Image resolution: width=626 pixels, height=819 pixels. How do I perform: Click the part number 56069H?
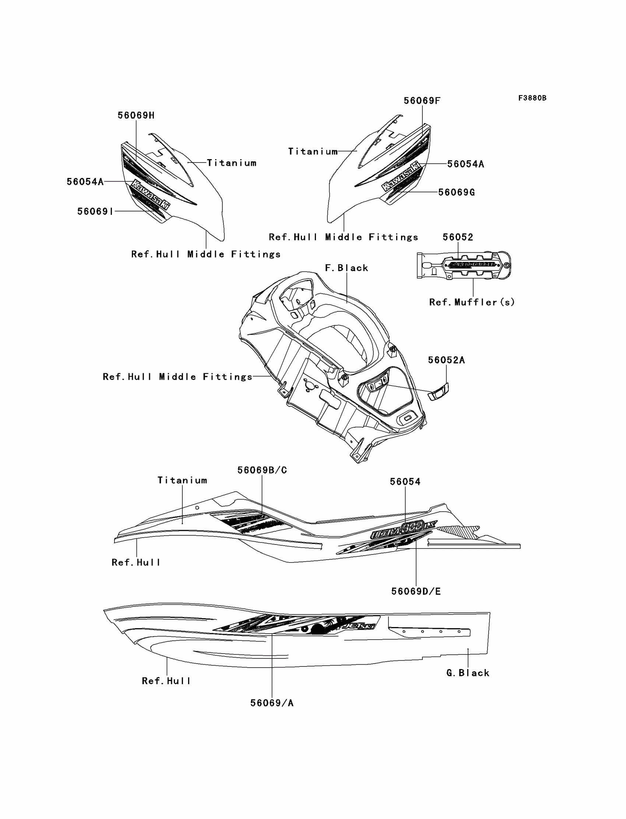pyautogui.click(x=136, y=116)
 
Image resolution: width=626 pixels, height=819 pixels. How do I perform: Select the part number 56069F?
pyautogui.click(x=422, y=101)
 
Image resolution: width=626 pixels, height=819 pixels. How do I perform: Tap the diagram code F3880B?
pyautogui.click(x=532, y=98)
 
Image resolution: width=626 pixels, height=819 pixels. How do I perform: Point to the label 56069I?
pyautogui.click(x=95, y=211)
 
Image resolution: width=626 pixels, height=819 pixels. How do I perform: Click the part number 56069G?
pyautogui.click(x=457, y=192)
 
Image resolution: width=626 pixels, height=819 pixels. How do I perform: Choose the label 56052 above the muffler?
pyautogui.click(x=458, y=237)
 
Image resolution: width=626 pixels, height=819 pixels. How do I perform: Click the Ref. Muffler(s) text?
pyautogui.click(x=472, y=302)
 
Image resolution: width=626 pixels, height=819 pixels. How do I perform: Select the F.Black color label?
pyautogui.click(x=347, y=268)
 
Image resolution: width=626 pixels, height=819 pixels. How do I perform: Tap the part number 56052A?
pyautogui.click(x=446, y=360)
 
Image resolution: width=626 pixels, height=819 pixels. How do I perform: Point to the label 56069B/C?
pyautogui.click(x=262, y=470)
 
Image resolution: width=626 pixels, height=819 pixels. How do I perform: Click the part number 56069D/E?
pyautogui.click(x=416, y=592)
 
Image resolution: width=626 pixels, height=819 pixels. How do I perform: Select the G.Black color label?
pyautogui.click(x=468, y=673)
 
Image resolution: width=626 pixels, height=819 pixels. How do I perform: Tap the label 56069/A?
pyautogui.click(x=272, y=703)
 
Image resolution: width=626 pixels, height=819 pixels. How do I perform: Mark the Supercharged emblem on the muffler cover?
pyautogui.click(x=473, y=265)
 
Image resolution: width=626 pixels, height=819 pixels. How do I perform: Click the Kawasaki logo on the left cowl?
pyautogui.click(x=151, y=195)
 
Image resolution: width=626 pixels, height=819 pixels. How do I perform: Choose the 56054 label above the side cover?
pyautogui.click(x=405, y=482)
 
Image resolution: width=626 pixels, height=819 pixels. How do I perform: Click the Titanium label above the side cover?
pyautogui.click(x=182, y=480)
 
